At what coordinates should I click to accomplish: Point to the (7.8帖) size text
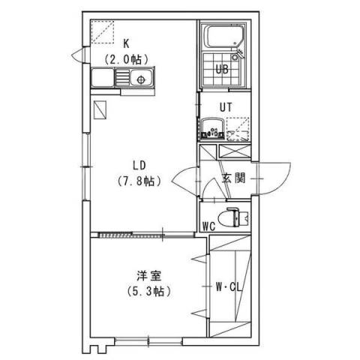click(x=139, y=181)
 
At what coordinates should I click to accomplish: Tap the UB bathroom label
click(x=222, y=70)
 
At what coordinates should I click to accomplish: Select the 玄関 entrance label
click(x=234, y=178)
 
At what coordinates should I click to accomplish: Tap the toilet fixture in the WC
click(x=238, y=217)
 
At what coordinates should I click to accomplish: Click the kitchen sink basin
click(x=139, y=77)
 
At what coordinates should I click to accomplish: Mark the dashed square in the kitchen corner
click(x=99, y=32)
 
